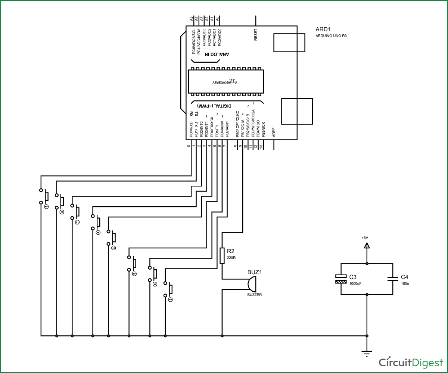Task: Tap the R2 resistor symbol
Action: point(223,256)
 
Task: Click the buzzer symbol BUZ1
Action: point(252,284)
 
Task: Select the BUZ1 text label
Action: point(255,272)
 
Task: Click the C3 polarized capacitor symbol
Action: point(341,279)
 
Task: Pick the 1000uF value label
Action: point(355,283)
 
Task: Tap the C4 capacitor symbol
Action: point(392,279)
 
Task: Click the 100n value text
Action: point(405,283)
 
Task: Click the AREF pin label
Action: point(274,133)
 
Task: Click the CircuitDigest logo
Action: point(411,362)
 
